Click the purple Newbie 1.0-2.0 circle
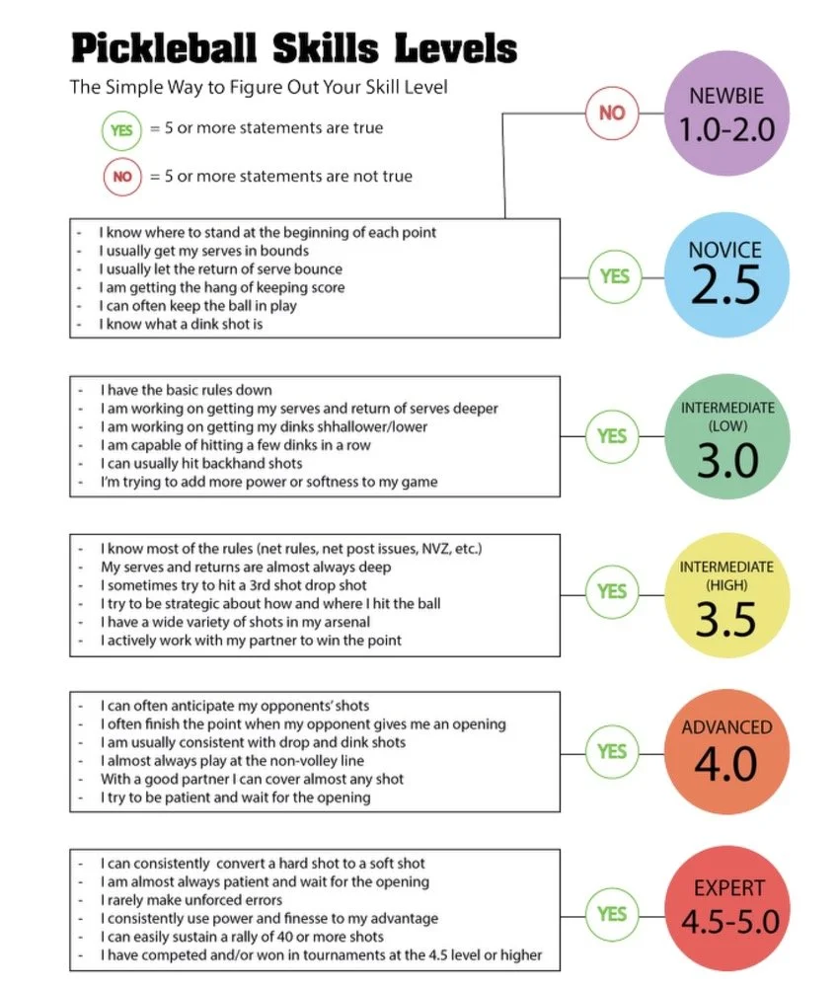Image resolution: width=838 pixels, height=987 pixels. click(x=726, y=113)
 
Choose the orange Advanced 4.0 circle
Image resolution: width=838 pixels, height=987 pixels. click(x=726, y=752)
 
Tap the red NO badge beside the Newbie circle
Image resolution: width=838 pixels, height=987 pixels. click(x=612, y=113)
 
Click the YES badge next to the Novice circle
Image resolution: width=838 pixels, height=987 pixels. click(x=614, y=276)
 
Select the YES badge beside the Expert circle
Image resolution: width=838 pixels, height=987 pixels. click(x=614, y=914)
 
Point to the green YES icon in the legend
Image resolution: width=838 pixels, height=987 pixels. click(x=121, y=129)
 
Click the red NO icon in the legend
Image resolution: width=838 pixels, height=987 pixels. click(x=121, y=178)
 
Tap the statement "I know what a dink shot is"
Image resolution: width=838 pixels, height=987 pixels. click(x=181, y=324)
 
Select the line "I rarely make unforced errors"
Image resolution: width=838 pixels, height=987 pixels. click(x=191, y=899)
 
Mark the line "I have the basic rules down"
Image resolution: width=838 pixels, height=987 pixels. click(x=186, y=390)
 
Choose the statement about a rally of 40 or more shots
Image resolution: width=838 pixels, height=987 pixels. click(x=242, y=937)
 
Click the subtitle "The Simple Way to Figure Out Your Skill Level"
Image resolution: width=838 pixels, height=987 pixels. click(x=259, y=87)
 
